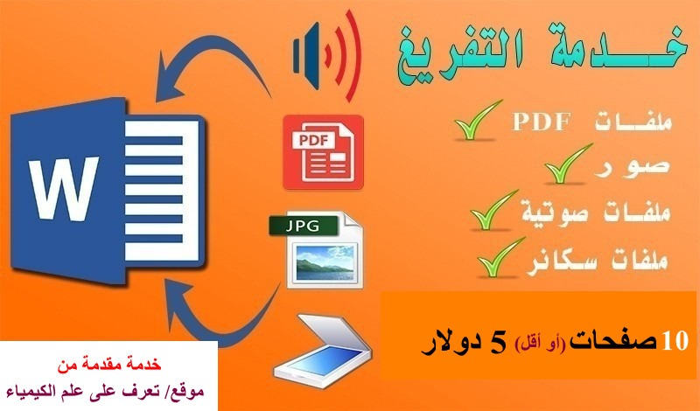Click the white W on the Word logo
click(x=63, y=188)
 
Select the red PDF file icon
click(x=323, y=152)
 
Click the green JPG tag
click(x=303, y=226)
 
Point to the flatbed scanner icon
click(x=322, y=348)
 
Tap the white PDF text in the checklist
click(x=542, y=122)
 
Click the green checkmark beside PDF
click(x=477, y=121)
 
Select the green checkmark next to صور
click(x=567, y=164)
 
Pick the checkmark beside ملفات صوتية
click(x=493, y=211)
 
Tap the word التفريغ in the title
click(x=458, y=53)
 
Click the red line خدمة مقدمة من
click(x=108, y=364)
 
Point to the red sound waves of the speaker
click(x=345, y=56)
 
